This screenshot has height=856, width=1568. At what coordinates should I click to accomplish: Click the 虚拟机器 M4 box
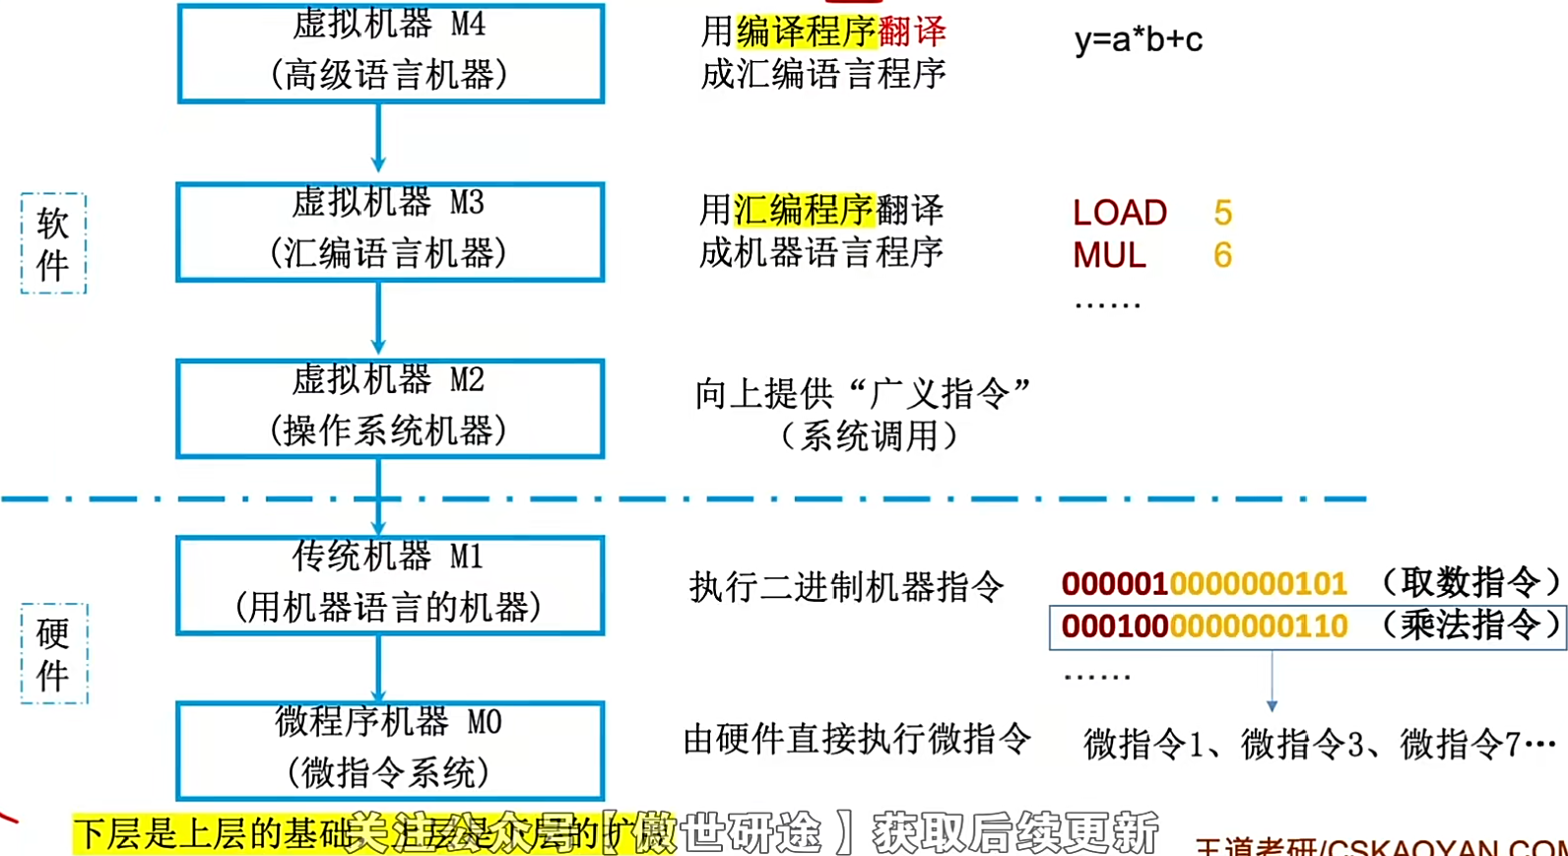pyautogui.click(x=390, y=52)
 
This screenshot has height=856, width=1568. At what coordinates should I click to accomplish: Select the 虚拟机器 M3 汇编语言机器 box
pyautogui.click(x=390, y=231)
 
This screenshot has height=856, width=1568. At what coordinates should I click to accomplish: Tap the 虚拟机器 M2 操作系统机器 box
pyautogui.click(x=390, y=408)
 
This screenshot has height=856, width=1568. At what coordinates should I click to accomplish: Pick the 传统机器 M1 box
pyautogui.click(x=390, y=584)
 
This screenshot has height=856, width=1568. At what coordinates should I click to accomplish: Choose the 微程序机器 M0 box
pyautogui.click(x=390, y=750)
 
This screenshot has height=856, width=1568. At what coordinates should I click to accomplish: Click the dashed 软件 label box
pyautogui.click(x=53, y=243)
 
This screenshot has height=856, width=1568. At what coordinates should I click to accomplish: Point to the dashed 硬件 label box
pyautogui.click(x=54, y=653)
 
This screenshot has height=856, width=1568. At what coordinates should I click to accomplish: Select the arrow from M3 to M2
pyautogui.click(x=378, y=318)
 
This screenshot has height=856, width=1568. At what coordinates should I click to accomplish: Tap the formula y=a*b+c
pyautogui.click(x=1139, y=39)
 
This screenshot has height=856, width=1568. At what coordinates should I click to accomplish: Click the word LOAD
pyautogui.click(x=1120, y=213)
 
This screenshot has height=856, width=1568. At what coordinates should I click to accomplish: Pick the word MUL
pyautogui.click(x=1109, y=256)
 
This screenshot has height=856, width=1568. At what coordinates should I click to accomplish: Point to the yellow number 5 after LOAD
pyautogui.click(x=1223, y=213)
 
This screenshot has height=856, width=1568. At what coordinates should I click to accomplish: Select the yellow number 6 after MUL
pyautogui.click(x=1223, y=256)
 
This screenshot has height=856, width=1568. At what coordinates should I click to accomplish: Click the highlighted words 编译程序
pyautogui.click(x=806, y=32)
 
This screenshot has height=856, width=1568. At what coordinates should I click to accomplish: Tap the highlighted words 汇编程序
pyautogui.click(x=804, y=210)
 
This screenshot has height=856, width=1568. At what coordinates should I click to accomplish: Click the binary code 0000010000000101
pyautogui.click(x=1204, y=584)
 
